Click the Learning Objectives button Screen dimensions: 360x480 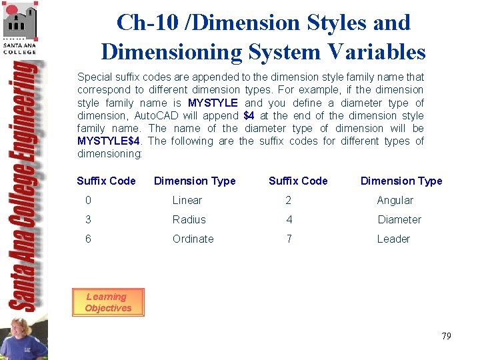point(107,303)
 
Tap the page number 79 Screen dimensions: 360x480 point(446,336)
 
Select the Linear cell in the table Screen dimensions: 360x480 point(187,200)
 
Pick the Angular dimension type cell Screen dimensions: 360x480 point(395,200)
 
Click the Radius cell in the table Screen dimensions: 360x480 point(189,219)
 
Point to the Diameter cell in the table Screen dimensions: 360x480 point(399,219)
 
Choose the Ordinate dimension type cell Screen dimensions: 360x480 point(193,239)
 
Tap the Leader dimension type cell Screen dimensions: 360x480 point(393,239)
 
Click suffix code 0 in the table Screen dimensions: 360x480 point(88,200)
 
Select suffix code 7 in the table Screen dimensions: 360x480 point(289,239)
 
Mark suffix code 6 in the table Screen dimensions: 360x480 point(88,239)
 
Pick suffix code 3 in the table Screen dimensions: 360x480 point(88,219)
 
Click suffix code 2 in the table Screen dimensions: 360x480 point(289,200)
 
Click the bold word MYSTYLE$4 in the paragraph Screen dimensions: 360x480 point(109,141)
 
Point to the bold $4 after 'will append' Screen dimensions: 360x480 point(249,115)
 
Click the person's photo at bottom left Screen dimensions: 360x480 point(23,339)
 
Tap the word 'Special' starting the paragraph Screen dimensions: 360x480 point(95,77)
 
